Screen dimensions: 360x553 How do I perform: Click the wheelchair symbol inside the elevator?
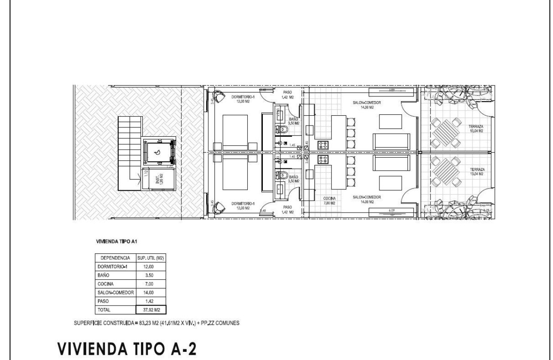click(157, 152)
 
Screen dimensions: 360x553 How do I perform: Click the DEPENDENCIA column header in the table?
click(114, 258)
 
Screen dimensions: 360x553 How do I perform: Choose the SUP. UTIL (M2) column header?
click(150, 258)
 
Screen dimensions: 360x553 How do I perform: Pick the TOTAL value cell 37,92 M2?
click(150, 309)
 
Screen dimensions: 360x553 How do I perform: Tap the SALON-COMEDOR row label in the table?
click(114, 292)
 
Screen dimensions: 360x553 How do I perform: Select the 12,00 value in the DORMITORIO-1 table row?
click(150, 267)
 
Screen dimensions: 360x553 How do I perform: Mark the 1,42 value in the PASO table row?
click(150, 301)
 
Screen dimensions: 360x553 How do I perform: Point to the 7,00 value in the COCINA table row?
click(150, 284)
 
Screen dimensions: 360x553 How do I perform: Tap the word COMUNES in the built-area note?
click(227, 323)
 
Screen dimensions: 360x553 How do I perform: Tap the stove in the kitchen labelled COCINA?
click(323, 160)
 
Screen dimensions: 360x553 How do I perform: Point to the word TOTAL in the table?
click(104, 309)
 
